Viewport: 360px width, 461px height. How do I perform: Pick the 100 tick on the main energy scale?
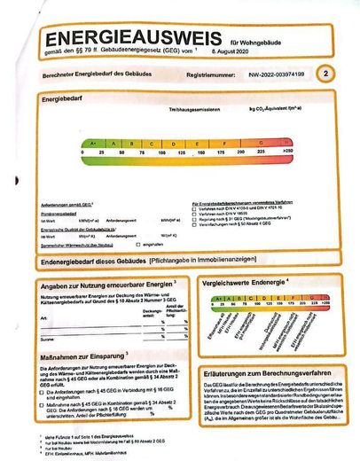pyautogui.click(x=166, y=153)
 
